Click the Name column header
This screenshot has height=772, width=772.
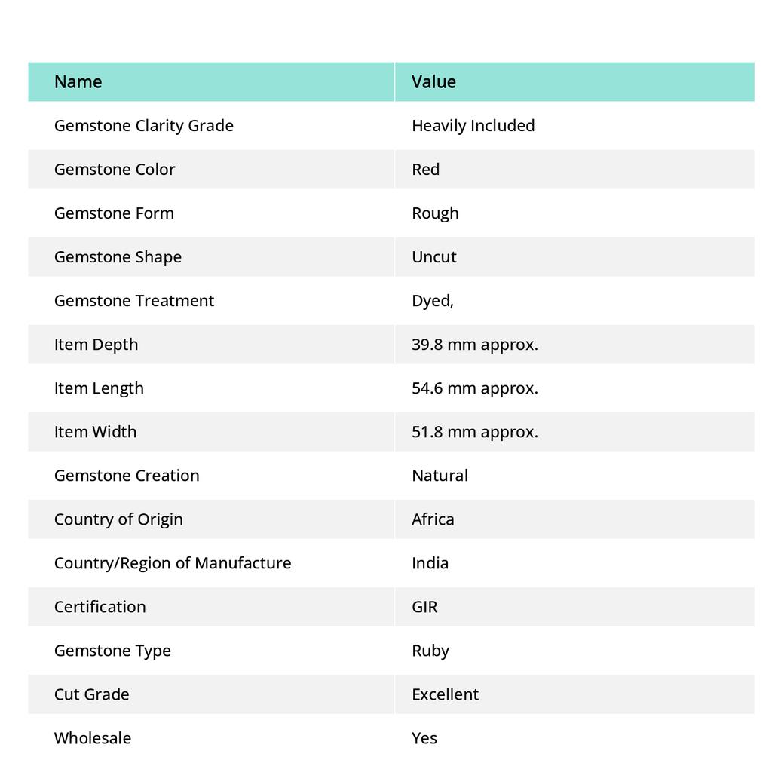pos(78,81)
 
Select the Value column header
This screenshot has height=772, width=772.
pos(433,81)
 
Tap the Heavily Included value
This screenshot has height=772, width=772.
pos(473,125)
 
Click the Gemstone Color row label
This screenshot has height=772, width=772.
pos(115,169)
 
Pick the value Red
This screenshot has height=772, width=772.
pos(425,169)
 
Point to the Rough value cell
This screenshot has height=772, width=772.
pos(435,213)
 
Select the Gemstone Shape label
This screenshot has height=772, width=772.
pos(118,256)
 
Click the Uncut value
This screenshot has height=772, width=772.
pos(433,256)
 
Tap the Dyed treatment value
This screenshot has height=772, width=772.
pos(432,300)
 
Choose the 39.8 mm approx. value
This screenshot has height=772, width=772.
pos(474,344)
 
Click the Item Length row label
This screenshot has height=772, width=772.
pos(99,388)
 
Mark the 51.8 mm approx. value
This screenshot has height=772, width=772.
pos(474,431)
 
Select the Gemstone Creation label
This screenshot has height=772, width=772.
pos(127,475)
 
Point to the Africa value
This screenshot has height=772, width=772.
pos(433,519)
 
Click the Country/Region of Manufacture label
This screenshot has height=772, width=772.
pos(173,562)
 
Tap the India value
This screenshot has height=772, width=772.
pos(430,562)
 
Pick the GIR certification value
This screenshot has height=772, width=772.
pos(424,606)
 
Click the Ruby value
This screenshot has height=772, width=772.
pos(430,650)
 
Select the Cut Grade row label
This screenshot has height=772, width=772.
pos(91,694)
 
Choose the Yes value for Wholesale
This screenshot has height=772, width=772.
pos(424,737)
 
